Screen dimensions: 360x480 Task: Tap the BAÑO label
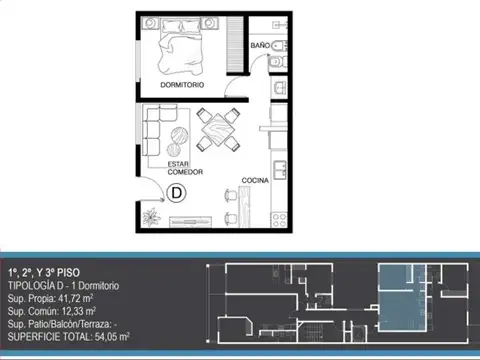(x=260, y=45)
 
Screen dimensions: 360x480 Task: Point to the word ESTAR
(x=179, y=164)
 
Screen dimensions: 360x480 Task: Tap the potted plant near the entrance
(x=151, y=215)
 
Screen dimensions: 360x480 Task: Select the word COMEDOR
(x=185, y=172)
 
